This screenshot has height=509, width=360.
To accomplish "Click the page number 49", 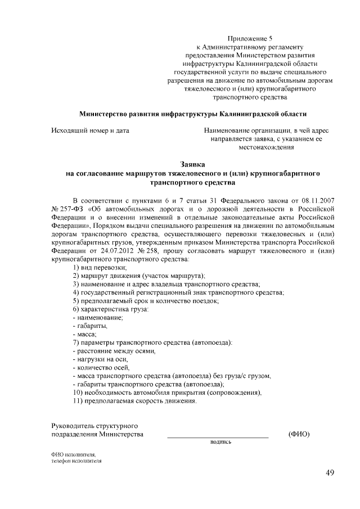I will [x=330, y=472].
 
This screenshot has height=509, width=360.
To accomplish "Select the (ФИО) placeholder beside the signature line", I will [x=299, y=434].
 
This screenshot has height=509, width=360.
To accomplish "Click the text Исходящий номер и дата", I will [x=91, y=130].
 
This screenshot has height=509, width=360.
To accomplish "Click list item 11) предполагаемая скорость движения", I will [x=135, y=402].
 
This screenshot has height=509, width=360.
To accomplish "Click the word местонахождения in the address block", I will [x=267, y=147].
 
